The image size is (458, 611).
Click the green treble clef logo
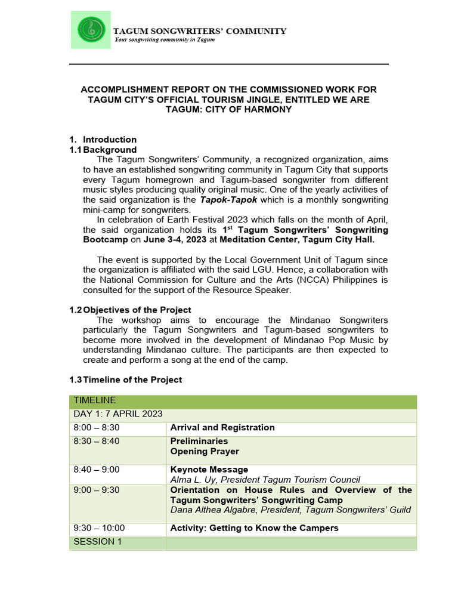(91, 30)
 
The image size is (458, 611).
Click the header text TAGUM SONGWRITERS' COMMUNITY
(200, 31)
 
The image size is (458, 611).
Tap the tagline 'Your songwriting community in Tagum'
(164, 40)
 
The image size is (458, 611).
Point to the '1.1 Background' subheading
(103, 150)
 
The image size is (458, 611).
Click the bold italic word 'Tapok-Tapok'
(224, 199)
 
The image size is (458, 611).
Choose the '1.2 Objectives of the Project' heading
(131, 310)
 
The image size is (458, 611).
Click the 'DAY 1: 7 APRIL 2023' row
(118, 414)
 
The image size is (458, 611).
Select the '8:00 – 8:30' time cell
(96, 428)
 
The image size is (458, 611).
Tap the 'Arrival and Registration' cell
(222, 428)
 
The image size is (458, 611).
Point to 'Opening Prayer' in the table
(205, 452)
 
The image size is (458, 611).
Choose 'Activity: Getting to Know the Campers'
(254, 528)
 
